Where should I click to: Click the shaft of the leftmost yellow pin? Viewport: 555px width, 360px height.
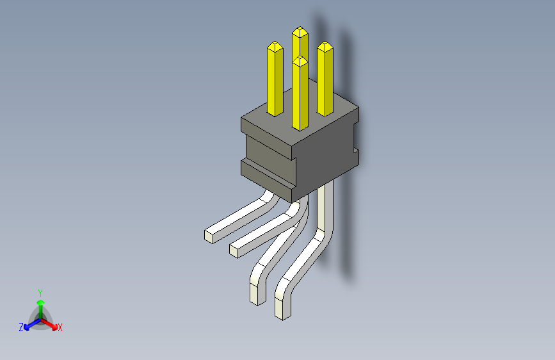click(275, 83)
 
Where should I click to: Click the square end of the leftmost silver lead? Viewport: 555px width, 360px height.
click(209, 235)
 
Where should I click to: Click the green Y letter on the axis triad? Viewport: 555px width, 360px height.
click(40, 292)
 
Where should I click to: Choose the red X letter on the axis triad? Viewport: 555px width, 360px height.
click(60, 327)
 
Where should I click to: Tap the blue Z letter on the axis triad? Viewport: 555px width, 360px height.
click(21, 327)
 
